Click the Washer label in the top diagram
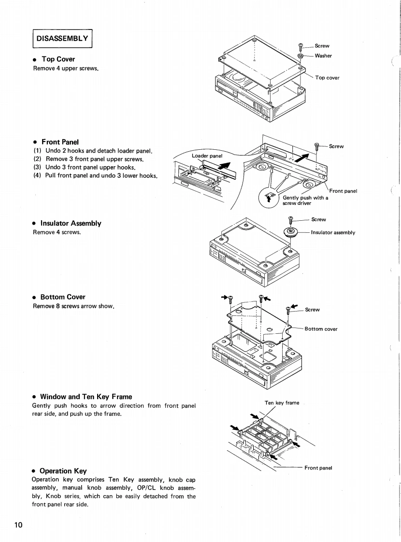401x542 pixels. point(323,56)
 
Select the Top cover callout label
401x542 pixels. point(327,78)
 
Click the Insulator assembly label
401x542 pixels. point(333,232)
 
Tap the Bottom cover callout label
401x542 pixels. point(321,329)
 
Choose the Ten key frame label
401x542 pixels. point(282,402)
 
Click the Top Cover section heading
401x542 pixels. point(58,59)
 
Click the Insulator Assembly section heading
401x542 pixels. point(71,224)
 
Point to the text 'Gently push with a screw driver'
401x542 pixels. point(305,200)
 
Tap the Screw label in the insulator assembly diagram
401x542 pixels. point(319,219)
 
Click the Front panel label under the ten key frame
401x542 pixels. point(321,468)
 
